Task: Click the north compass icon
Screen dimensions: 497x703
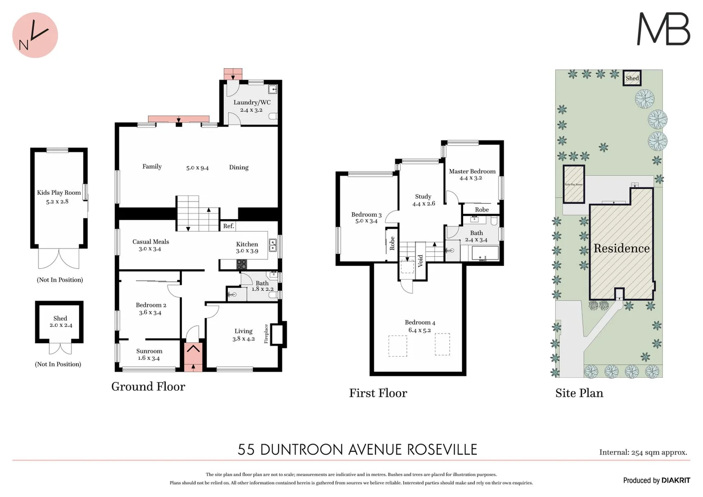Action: pos(35,35)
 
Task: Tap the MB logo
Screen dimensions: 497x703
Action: pos(663,29)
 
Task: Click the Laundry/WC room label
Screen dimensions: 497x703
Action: pos(252,103)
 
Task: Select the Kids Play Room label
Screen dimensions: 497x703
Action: pos(59,193)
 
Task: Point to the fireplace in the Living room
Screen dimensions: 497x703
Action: pos(278,334)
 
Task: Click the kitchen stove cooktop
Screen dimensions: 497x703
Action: pos(242,264)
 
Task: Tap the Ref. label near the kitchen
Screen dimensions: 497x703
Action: pos(229,226)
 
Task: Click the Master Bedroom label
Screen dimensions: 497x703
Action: pos(472,171)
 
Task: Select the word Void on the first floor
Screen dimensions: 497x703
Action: pos(420,261)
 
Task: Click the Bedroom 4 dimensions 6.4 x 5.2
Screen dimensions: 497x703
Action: pos(419,330)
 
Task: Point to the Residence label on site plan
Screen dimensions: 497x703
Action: pos(622,248)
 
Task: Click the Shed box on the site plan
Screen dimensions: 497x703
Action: pos(632,78)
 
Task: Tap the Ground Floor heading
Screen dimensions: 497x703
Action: pos(148,387)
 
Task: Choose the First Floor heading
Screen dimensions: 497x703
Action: pos(378,393)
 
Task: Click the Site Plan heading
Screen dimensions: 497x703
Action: pos(579,393)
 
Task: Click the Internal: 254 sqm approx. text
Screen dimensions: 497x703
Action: pos(643,452)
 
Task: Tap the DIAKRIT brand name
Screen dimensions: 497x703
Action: pos(676,480)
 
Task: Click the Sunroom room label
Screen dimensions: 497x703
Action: pos(149,351)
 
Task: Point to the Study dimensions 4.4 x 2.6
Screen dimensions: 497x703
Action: pos(424,203)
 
